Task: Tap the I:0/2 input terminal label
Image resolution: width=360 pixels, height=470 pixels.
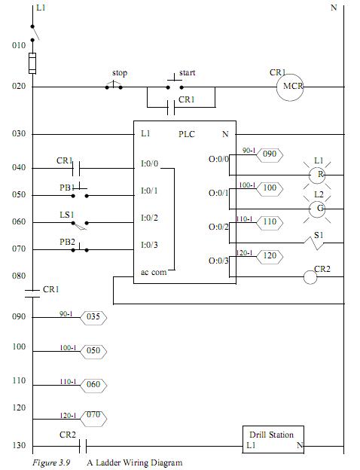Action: [149, 218]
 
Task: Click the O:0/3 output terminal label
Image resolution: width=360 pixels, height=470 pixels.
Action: [218, 261]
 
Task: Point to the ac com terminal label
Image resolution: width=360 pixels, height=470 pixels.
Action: [154, 272]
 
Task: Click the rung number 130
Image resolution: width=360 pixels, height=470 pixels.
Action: [19, 445]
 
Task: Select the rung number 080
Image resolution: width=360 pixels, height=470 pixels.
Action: [19, 276]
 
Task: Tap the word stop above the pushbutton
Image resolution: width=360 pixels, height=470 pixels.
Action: [120, 73]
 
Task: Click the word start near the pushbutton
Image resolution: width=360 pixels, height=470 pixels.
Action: [188, 72]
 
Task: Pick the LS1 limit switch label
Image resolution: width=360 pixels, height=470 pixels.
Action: [67, 215]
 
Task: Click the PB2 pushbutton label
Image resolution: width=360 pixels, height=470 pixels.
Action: [67, 242]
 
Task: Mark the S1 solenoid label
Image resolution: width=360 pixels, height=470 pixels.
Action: [319, 235]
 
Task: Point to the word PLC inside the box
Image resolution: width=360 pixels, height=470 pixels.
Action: [187, 134]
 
